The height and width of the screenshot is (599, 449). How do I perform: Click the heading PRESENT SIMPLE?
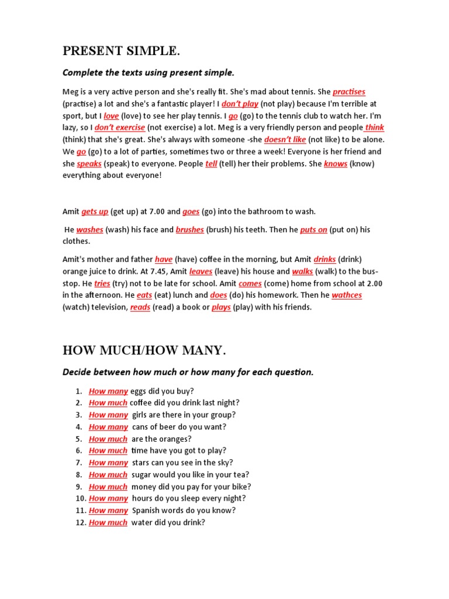[x=121, y=51]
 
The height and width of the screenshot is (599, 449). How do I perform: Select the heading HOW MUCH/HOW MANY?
[x=144, y=350]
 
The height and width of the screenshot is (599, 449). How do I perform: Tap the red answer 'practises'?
[x=349, y=92]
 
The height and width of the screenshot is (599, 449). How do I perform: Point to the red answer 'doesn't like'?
[x=285, y=140]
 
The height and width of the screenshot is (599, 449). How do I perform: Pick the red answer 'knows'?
[x=336, y=164]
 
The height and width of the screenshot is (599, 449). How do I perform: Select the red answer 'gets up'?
[x=95, y=212]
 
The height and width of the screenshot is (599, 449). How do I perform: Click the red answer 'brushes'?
[x=189, y=230]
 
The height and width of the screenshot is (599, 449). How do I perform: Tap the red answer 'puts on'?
[x=313, y=230]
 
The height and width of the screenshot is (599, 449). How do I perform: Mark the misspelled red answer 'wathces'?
[x=347, y=295]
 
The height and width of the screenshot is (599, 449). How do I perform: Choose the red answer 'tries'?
[x=102, y=284]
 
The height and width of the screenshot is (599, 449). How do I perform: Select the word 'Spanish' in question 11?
[x=146, y=511]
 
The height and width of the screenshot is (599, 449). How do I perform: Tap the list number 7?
[x=78, y=463]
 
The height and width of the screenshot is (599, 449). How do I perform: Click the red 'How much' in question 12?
[x=108, y=523]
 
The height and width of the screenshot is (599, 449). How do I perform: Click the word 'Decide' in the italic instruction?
[x=76, y=372]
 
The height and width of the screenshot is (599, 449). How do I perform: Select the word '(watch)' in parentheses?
[x=77, y=308]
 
